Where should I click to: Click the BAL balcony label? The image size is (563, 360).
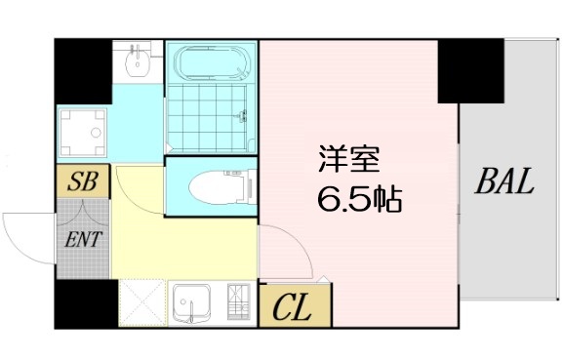coord(505,181)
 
